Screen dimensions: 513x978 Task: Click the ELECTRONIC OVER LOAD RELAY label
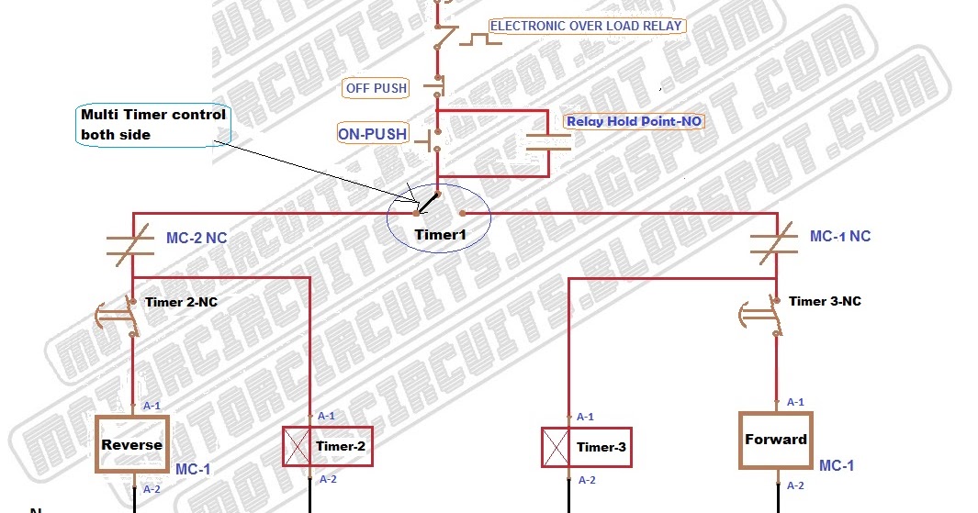586,26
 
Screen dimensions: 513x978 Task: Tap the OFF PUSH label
377,88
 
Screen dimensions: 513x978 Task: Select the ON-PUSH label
372,134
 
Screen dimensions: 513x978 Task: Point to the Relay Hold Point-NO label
635,121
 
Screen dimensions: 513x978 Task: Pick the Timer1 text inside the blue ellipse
440,235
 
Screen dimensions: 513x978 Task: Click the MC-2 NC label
197,239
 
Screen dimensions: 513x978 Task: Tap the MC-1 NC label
839,236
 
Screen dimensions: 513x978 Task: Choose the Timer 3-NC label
825,301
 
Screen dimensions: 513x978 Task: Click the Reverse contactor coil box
133,445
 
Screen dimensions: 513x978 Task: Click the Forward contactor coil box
776,440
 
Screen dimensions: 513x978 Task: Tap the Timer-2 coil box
327,447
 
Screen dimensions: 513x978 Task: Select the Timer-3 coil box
586,448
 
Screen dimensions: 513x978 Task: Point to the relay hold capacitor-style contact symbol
549,141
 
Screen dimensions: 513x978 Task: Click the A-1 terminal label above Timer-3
584,417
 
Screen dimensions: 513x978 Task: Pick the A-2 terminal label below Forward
794,486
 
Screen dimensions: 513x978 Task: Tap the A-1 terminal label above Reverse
152,405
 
